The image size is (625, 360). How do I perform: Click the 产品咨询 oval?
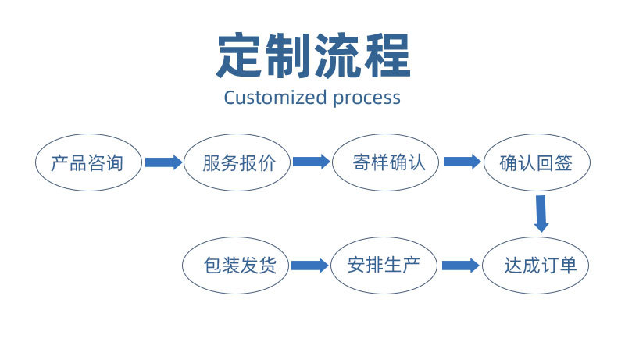(x=88, y=163)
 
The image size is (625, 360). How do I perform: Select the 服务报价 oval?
(x=237, y=163)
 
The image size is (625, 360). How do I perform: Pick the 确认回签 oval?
(x=536, y=163)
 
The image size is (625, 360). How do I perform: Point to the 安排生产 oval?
(x=384, y=266)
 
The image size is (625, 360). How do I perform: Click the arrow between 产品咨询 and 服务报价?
(x=162, y=162)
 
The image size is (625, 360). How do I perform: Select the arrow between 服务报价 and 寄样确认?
(x=311, y=162)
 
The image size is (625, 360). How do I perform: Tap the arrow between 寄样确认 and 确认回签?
(x=462, y=162)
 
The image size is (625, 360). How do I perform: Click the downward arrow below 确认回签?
(x=541, y=213)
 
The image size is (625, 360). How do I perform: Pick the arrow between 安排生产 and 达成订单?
(x=460, y=266)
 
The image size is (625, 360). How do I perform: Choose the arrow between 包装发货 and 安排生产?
(x=309, y=266)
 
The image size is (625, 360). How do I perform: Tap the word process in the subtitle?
(x=366, y=98)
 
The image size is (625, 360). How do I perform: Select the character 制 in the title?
(x=287, y=55)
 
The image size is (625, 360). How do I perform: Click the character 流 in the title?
(x=337, y=55)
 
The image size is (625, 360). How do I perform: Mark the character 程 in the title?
(x=386, y=55)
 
